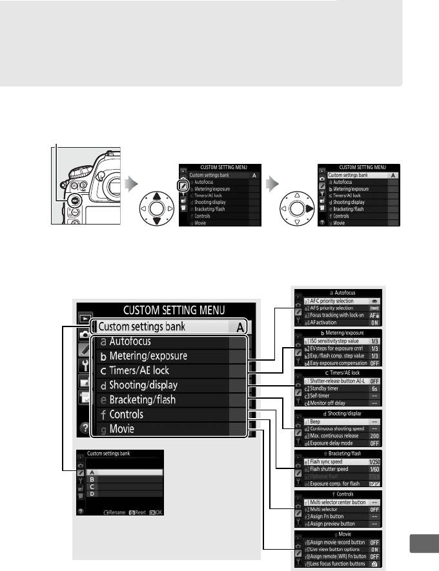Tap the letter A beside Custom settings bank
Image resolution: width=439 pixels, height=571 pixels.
coord(239,327)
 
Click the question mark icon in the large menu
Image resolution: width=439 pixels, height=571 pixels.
coord(83,427)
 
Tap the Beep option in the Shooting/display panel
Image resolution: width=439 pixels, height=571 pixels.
coord(316,420)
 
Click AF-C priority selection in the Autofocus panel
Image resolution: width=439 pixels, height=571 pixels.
coord(332,301)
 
